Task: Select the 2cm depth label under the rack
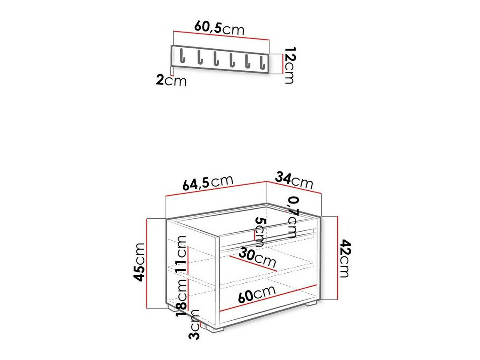coord(171,81)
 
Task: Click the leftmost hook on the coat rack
coord(182,56)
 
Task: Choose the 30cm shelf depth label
coord(258,259)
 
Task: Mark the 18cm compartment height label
coord(181,294)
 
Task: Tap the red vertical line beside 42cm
coord(338,258)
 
